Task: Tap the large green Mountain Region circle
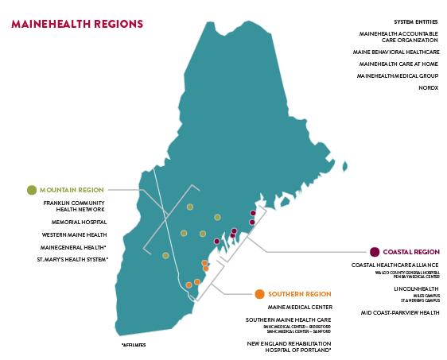tap(32, 189)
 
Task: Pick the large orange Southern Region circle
tap(260, 294)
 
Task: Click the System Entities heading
tap(416, 21)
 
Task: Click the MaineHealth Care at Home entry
tap(398, 64)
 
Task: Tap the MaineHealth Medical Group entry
tap(396, 75)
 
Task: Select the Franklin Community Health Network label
tap(74, 207)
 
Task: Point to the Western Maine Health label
tap(74, 235)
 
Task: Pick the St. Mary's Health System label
tap(73, 259)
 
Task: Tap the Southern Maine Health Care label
tap(288, 319)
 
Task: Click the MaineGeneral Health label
tap(74, 247)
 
